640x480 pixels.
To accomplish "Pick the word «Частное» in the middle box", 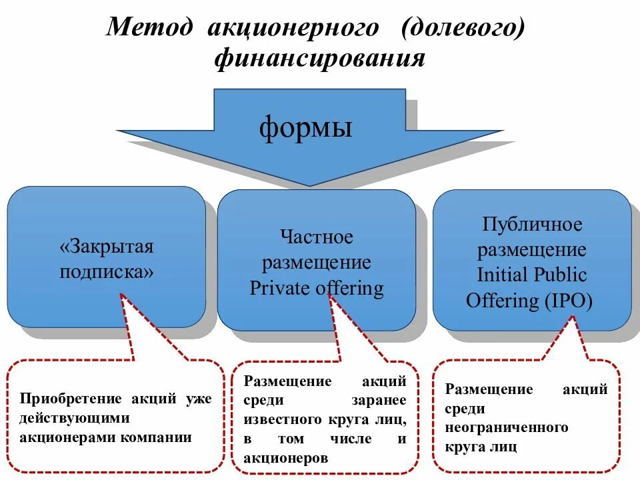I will [317, 237].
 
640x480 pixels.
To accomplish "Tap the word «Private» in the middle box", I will [280, 289].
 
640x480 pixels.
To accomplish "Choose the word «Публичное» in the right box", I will [532, 224].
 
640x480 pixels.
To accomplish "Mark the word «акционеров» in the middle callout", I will [286, 458].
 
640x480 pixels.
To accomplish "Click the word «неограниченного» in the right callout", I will [507, 427].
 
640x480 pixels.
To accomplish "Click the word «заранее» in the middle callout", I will [379, 400].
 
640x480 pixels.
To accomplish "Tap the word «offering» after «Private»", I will [350, 289].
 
